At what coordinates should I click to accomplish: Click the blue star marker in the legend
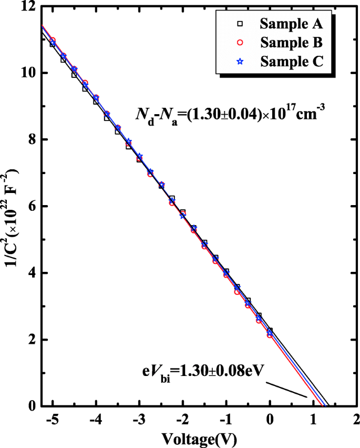[x=239, y=61]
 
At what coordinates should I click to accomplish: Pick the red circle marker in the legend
[x=239, y=42]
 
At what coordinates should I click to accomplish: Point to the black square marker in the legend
[x=239, y=24]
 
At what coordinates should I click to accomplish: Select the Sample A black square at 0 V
[x=270, y=331]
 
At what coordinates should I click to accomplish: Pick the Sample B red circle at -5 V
[x=53, y=40]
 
